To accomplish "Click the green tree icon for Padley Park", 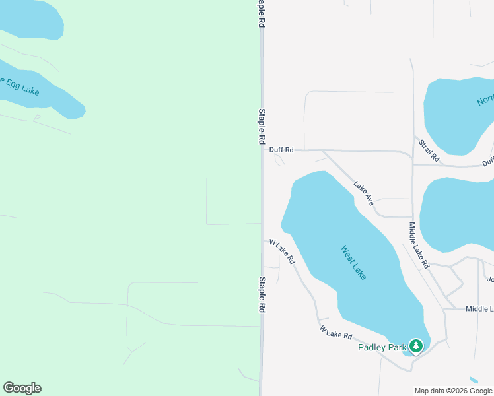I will point(415,345).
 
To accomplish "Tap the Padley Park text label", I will point(382,348).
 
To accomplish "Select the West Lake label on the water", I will point(353,262).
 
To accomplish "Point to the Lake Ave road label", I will point(364,193).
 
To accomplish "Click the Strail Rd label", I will point(429,150).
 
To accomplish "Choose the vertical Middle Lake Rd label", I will point(419,245).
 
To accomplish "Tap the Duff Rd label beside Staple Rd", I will point(281,150).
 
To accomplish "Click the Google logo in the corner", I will point(22,388).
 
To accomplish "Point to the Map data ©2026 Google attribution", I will point(454,391).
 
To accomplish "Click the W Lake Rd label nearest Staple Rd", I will point(281,251).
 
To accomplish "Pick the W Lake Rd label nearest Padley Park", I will point(335,331).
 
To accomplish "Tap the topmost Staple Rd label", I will point(262,13).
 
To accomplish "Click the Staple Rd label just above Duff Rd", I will point(262,127).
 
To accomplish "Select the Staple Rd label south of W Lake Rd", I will point(262,294).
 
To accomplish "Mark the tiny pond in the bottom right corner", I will point(474,380).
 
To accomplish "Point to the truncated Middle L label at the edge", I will point(479,309).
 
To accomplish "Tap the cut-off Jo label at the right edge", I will point(490,279).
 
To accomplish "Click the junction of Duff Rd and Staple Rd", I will point(262,150).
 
